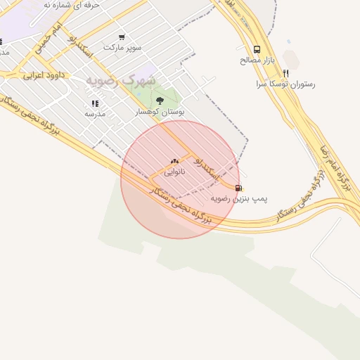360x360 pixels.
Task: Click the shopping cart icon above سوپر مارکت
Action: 122,37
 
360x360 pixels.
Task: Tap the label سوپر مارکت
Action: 122,47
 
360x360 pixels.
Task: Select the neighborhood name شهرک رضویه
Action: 111,80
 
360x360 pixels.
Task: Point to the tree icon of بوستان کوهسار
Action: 160,101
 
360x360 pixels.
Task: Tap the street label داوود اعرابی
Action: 44,74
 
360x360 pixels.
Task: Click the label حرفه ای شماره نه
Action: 71,4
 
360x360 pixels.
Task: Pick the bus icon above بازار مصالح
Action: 257,49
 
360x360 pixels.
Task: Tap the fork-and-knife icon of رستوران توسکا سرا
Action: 285,72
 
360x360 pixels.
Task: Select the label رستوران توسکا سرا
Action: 286,84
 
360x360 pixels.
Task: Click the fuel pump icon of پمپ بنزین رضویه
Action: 239,188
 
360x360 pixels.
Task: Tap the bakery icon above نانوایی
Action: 174,162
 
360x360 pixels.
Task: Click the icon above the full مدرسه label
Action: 95,103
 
